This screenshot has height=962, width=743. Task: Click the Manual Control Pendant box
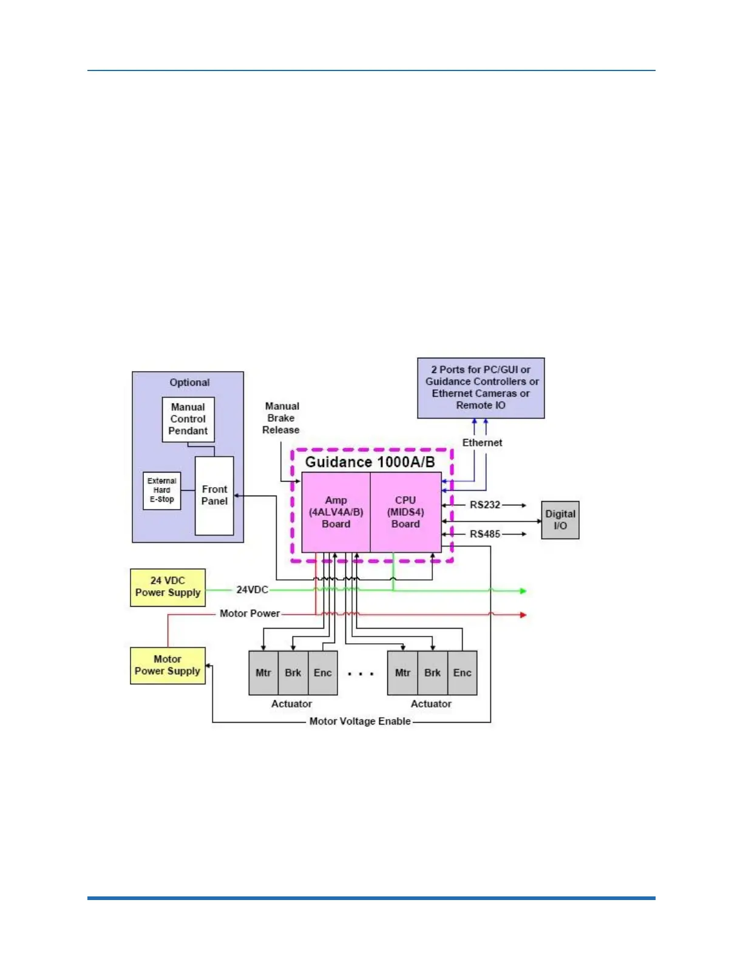click(188, 419)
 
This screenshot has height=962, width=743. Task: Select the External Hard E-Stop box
click(161, 490)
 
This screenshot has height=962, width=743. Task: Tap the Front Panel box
click(214, 495)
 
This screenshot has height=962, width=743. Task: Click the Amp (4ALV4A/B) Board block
click(336, 512)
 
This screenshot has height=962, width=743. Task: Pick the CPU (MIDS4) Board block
click(405, 512)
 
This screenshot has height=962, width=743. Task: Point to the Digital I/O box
click(560, 520)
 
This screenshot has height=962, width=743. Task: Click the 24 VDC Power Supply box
click(168, 587)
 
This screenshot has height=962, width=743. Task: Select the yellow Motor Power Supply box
click(168, 665)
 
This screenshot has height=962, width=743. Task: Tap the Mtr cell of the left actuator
click(263, 673)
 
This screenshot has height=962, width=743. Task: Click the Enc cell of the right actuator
click(462, 673)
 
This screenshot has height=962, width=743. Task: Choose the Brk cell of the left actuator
click(293, 673)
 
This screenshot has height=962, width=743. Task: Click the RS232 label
click(485, 505)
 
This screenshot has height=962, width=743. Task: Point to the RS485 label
click(485, 534)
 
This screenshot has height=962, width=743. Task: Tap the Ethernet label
click(482, 443)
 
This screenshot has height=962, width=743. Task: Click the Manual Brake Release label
click(281, 418)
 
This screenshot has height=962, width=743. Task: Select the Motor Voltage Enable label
click(360, 722)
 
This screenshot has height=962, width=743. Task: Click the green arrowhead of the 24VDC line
click(523, 590)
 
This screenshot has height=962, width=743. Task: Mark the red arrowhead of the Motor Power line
click(523, 615)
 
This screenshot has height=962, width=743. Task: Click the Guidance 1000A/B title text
click(370, 462)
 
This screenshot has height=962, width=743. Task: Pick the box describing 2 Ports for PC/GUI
click(481, 387)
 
